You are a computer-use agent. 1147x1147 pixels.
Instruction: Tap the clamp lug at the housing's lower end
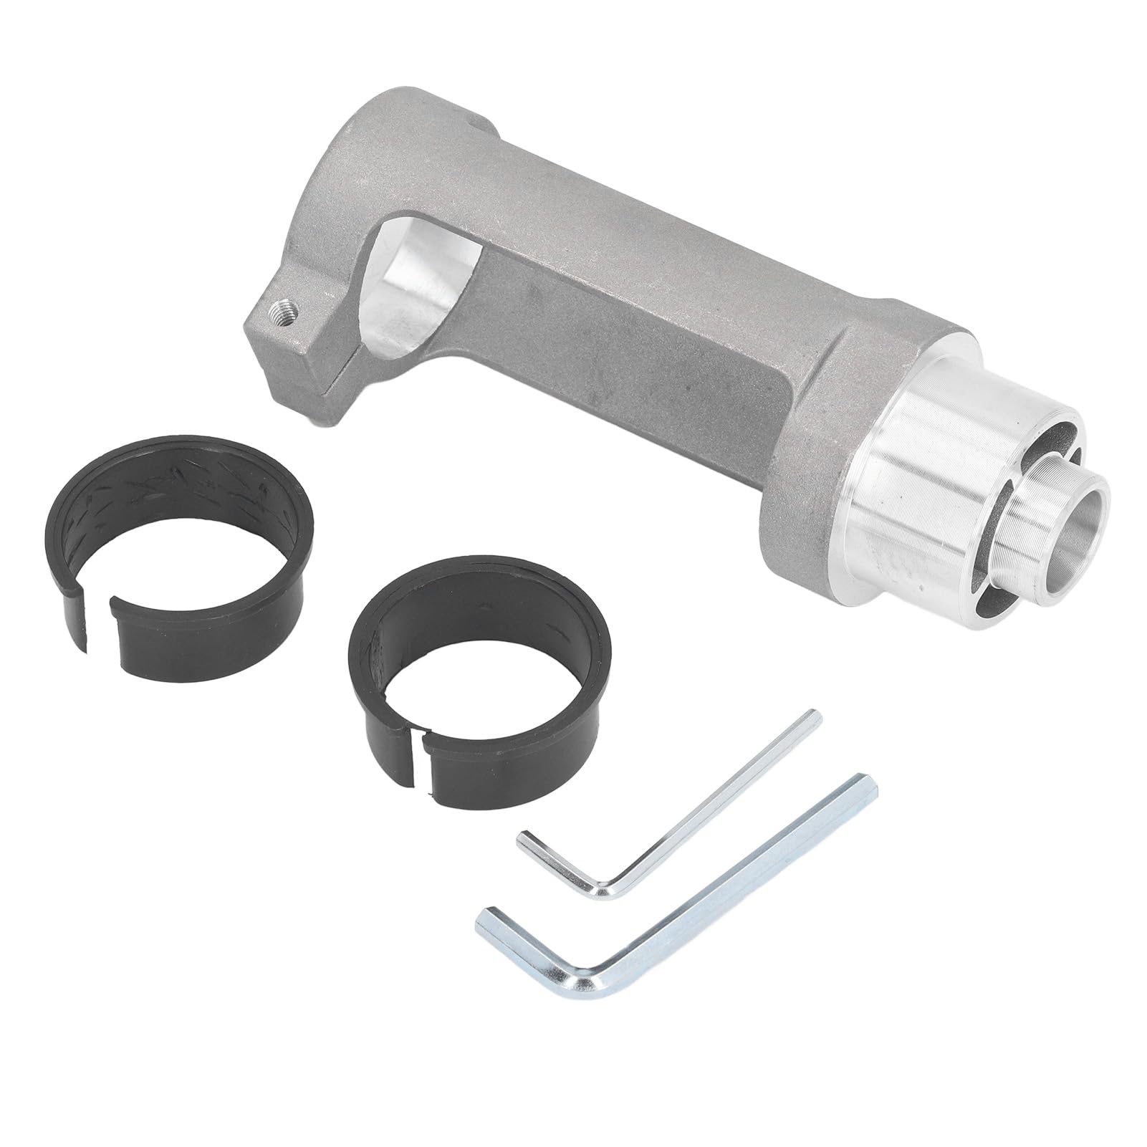294,351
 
